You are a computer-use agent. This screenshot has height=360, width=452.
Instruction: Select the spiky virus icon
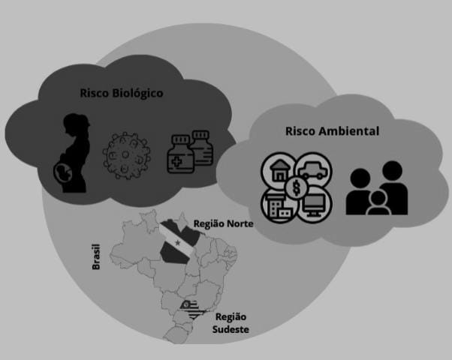pyautogui.click(x=125, y=154)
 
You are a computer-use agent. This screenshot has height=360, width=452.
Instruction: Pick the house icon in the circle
pyautogui.click(x=280, y=169)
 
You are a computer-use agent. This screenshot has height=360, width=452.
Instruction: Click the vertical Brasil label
pyautogui.click(x=95, y=256)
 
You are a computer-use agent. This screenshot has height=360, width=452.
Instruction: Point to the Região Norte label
pyautogui.click(x=223, y=223)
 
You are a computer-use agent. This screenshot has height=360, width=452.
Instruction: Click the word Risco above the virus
pyautogui.click(x=96, y=93)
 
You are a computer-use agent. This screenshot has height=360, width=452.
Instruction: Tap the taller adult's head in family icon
pyautogui.click(x=390, y=171)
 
